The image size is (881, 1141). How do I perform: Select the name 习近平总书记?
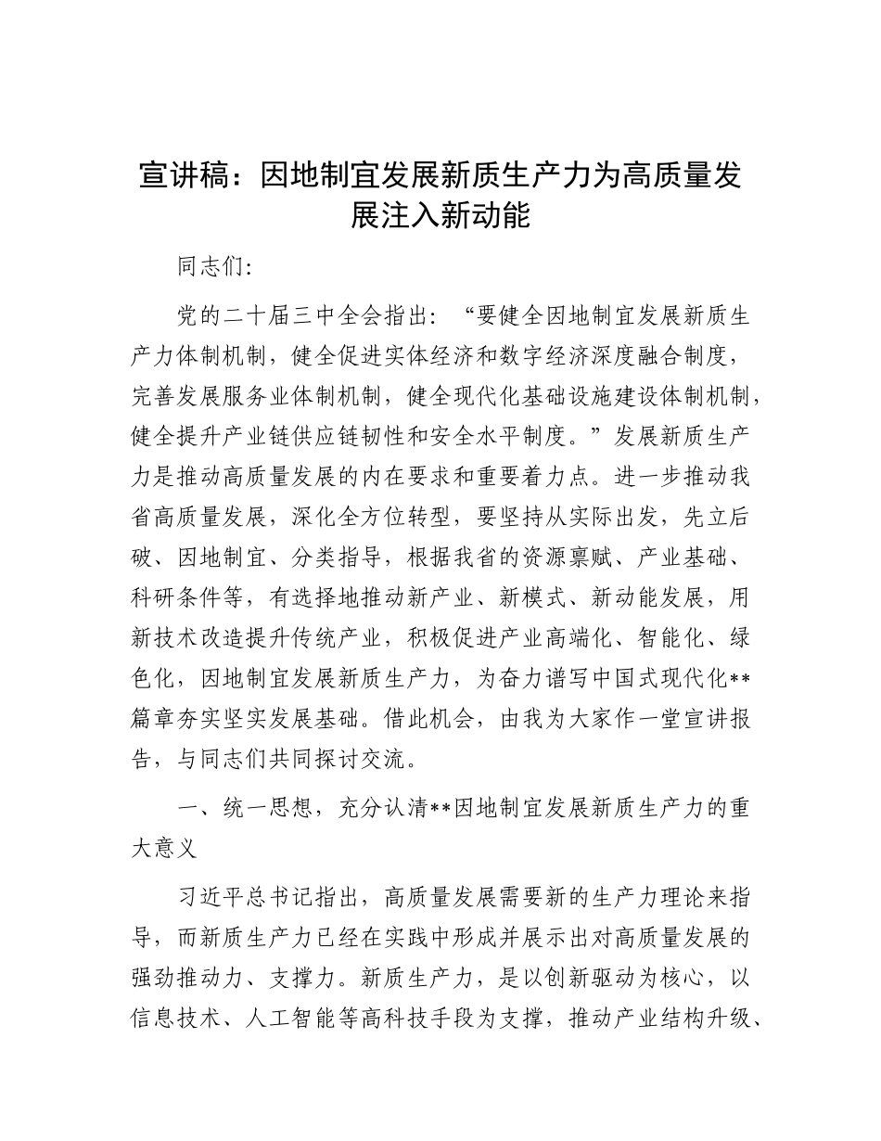[x=246, y=898]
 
